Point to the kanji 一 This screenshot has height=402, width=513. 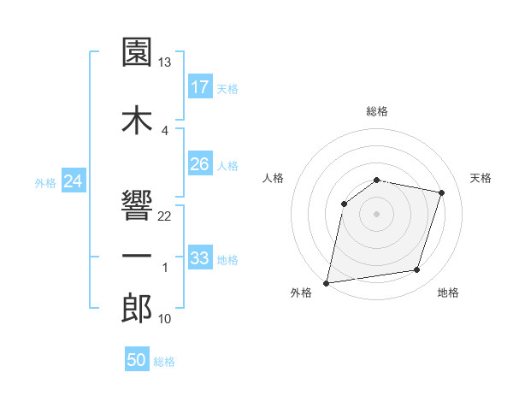coord(137,256)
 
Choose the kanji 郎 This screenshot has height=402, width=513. coord(137,308)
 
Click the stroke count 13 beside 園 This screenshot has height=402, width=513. coord(165,62)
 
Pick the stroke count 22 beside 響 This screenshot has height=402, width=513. coord(165,216)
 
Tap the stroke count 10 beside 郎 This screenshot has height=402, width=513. coord(165,319)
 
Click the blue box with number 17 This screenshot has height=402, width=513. coord(200,87)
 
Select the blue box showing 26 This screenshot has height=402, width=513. coord(200,164)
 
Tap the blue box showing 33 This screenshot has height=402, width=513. coord(200,258)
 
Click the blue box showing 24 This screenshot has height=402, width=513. coord(74,181)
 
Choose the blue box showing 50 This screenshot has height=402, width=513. coord(137,360)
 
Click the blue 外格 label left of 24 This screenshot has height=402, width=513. coord(45,182)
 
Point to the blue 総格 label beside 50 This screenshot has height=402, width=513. coord(164,362)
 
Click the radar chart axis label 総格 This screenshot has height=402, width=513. coord(377,111)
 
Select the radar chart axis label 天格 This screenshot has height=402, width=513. coord(481,178)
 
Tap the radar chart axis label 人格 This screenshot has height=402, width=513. coord(274,178)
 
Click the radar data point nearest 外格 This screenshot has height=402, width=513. coord(327,282)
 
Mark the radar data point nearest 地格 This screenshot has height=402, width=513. coord(417,270)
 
